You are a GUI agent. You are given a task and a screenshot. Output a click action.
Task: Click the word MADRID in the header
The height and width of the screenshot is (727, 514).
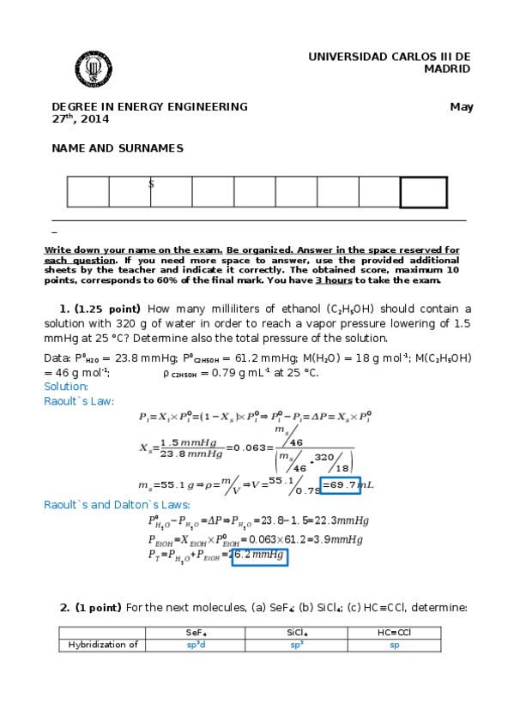(447, 69)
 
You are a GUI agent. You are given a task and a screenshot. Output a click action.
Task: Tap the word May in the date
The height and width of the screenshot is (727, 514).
(462, 107)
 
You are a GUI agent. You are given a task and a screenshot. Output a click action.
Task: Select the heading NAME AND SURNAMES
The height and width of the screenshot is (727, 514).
(118, 148)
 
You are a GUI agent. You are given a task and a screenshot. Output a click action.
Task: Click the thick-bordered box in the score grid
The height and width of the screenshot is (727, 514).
(423, 192)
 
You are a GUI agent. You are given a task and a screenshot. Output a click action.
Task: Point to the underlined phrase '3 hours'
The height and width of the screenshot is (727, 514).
(334, 280)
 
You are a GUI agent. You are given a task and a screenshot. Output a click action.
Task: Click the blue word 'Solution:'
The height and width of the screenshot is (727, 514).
(66, 387)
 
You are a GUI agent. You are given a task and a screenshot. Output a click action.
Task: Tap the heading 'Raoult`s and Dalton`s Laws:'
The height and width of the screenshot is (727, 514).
(117, 505)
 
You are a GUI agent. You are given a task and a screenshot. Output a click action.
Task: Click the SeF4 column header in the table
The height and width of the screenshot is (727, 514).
(196, 633)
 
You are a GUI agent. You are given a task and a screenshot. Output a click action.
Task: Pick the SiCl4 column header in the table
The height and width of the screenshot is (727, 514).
(296, 633)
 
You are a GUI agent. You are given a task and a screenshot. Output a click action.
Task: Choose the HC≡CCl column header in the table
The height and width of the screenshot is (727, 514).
(394, 633)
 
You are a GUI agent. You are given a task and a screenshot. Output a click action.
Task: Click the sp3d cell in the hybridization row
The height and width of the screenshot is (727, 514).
(196, 645)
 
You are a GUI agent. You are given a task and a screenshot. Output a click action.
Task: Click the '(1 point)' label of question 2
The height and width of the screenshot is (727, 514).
(98, 608)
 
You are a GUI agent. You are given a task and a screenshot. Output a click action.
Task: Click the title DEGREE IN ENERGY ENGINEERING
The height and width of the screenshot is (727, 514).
(150, 107)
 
